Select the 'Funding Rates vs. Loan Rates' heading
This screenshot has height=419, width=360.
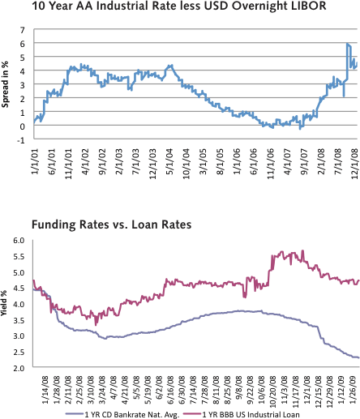coord(111,225)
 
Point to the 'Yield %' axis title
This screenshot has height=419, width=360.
coord(6,304)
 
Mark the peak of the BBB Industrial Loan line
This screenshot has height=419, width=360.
coord(302,251)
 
